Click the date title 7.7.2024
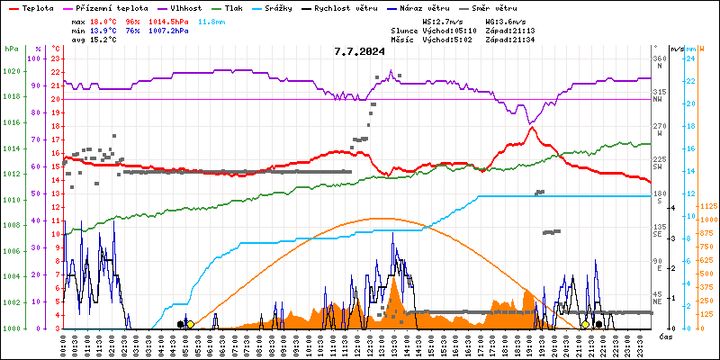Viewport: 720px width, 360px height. coord(358,51)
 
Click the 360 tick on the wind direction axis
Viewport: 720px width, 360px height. coord(660,58)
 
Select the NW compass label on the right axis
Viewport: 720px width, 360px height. coord(659,99)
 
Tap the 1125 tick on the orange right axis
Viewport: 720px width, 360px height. coord(708,204)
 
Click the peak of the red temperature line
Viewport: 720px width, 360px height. coord(532,128)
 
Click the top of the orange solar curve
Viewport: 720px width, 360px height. coord(382,218)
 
